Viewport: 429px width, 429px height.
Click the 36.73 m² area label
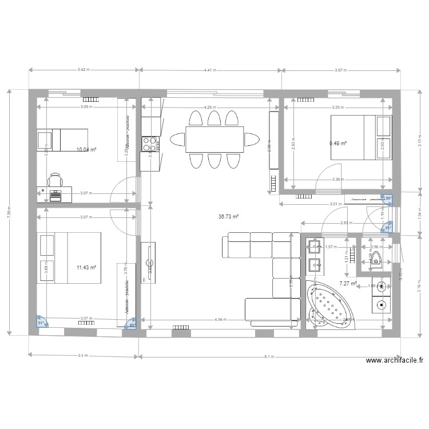point(228,217)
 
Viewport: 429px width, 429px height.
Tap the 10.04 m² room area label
point(86,150)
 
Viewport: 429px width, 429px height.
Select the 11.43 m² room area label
point(86,267)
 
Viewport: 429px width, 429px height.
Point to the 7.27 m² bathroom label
point(348,283)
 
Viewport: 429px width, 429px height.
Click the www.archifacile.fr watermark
point(394,360)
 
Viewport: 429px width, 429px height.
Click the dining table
point(214,140)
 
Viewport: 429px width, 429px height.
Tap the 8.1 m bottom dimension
point(268,356)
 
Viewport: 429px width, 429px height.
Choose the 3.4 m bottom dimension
point(83,356)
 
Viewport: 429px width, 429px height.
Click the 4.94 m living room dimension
point(220,320)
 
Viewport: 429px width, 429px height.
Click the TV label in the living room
point(145,280)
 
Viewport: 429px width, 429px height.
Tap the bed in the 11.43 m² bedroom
point(69,257)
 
